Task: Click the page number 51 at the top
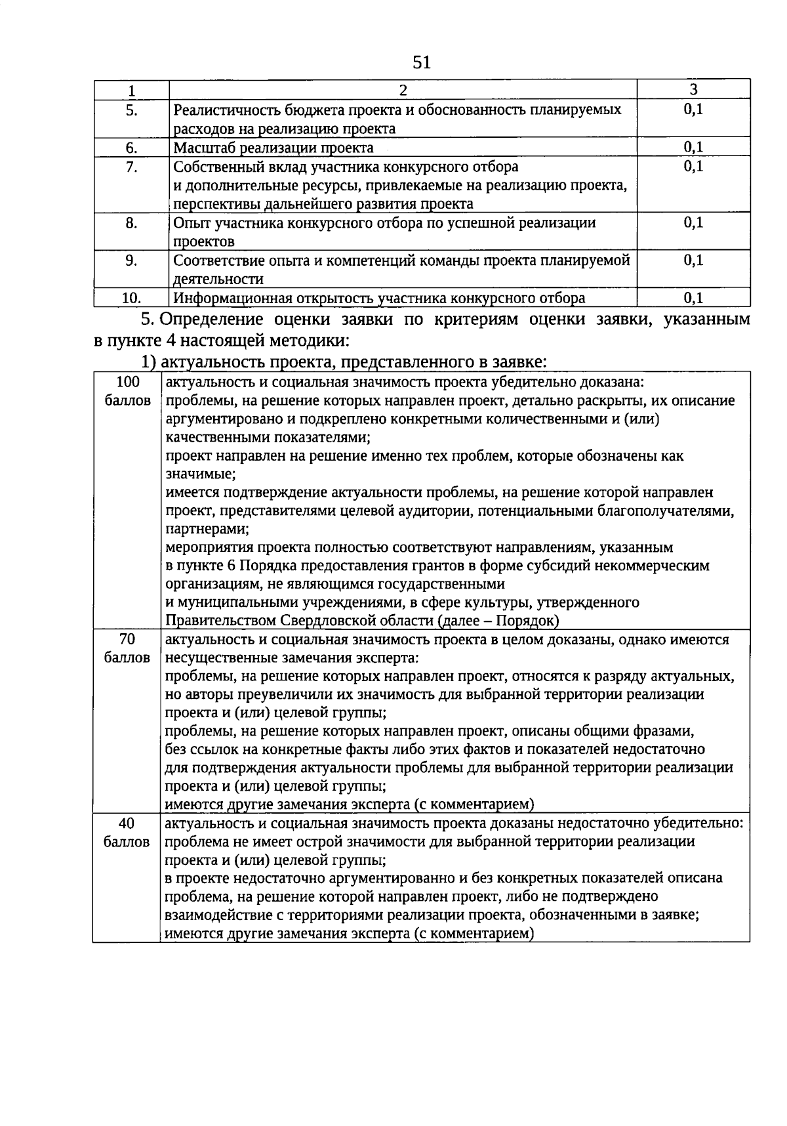click(422, 62)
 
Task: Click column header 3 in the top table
click(693, 89)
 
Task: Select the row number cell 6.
click(131, 148)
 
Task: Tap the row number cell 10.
click(131, 299)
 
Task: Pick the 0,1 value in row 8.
click(693, 223)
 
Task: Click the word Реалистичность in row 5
click(222, 110)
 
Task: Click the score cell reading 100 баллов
click(128, 391)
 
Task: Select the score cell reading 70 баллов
click(127, 648)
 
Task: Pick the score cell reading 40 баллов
click(127, 832)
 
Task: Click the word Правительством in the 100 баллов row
click(220, 620)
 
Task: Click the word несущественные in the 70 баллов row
click(216, 657)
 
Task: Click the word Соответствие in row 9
click(214, 261)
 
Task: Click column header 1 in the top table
click(131, 90)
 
